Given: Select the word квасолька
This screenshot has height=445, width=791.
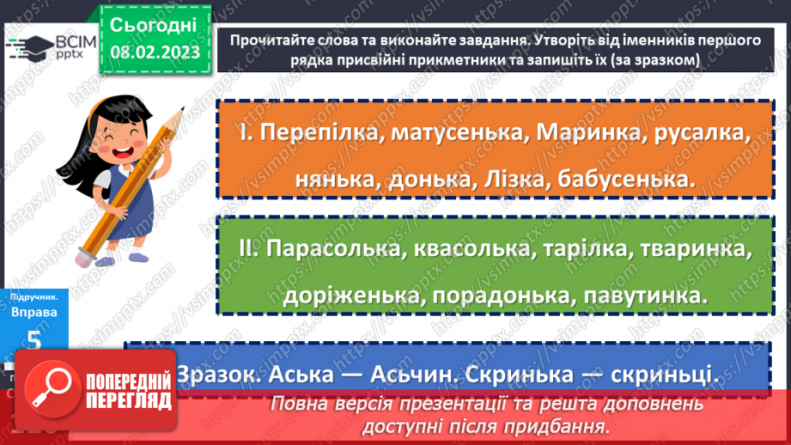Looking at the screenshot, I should pos(465,248).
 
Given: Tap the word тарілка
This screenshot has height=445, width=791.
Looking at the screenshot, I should pos(578,248).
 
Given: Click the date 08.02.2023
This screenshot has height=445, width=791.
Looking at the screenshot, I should pos(155,51).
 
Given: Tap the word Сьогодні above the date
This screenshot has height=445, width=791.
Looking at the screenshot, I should pos(155,24).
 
